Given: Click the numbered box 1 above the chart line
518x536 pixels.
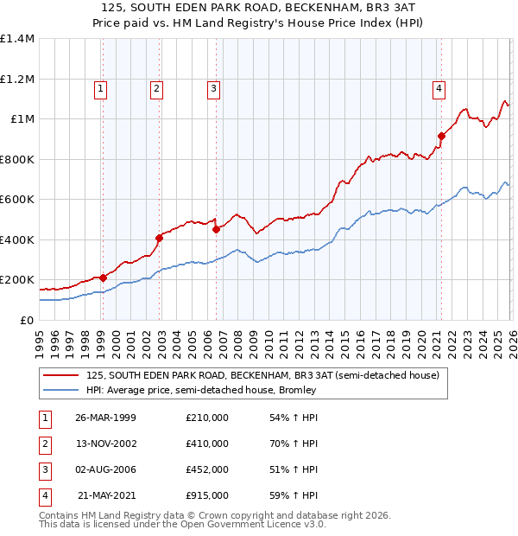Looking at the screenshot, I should click(101, 87).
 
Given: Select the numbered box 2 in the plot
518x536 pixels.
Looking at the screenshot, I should click(156, 87).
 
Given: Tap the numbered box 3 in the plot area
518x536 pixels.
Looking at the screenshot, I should click(212, 87).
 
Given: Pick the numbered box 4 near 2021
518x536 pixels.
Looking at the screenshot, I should click(439, 87).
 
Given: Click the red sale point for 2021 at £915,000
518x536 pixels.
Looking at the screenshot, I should click(440, 136).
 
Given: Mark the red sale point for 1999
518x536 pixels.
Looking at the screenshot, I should click(103, 278).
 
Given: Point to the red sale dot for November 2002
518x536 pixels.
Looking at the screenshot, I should click(159, 238).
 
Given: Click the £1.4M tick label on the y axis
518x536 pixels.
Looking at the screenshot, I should click(17, 39).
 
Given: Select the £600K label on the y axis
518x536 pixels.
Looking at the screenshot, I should click(17, 200).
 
